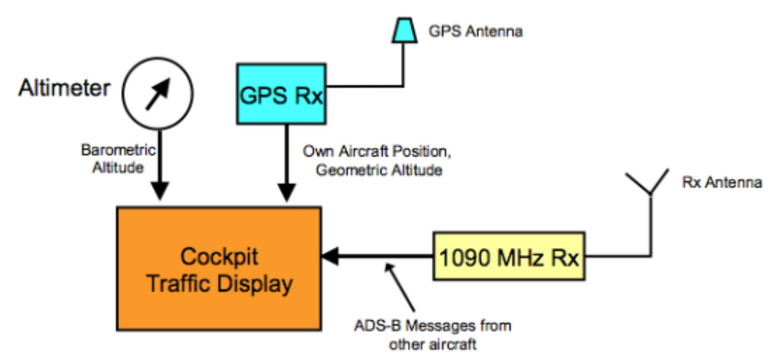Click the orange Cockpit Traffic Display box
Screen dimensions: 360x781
[x=219, y=269]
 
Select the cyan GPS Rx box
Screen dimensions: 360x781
[x=281, y=94]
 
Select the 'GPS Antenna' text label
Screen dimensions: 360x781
[x=475, y=31]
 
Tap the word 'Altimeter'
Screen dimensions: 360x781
[x=64, y=89]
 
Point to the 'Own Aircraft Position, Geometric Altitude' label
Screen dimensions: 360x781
[x=376, y=161]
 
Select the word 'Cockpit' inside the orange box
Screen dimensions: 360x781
[x=219, y=257]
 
